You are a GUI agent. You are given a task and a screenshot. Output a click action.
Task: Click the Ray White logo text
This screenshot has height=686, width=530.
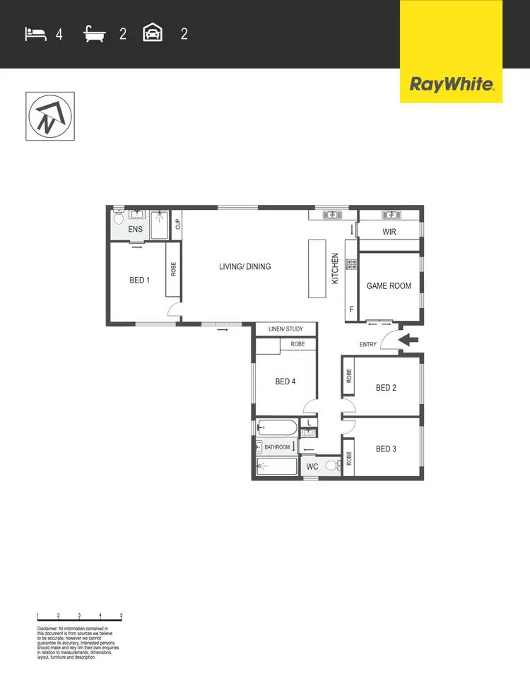tap(451, 85)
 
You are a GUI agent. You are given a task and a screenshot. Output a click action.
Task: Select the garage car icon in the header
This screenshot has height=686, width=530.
tap(153, 33)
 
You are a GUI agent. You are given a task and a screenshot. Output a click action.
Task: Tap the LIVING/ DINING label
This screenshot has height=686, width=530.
tap(245, 266)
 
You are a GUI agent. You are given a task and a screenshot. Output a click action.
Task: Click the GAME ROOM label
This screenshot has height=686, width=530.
tap(389, 286)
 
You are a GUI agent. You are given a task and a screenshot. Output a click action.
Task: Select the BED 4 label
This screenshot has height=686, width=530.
tap(285, 382)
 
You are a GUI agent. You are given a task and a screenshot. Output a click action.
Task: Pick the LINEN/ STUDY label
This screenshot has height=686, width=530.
tap(285, 329)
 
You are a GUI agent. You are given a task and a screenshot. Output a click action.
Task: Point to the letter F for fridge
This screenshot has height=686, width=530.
tap(351, 309)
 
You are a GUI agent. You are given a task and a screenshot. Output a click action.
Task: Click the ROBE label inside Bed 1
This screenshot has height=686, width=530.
tap(173, 269)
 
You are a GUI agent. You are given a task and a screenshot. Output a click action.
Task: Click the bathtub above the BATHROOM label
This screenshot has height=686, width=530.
tap(277, 427)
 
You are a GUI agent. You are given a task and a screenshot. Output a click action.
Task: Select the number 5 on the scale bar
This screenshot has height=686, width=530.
tap(122, 616)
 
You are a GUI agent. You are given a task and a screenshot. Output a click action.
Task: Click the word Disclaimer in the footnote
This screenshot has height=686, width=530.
tap(49, 628)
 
